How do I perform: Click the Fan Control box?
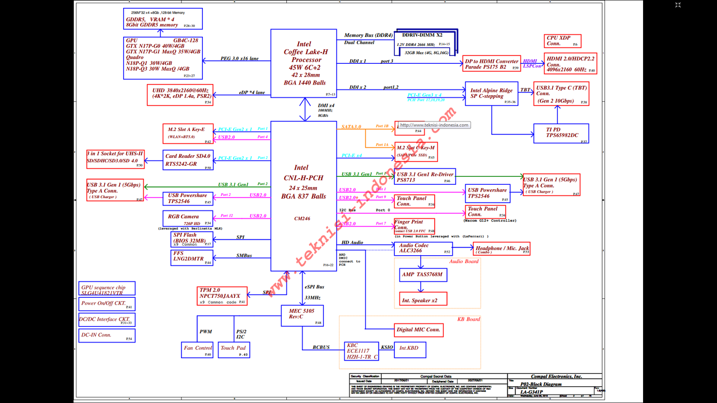point(198,350)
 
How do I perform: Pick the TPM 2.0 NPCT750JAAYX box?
point(222,296)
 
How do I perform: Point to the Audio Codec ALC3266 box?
point(423,249)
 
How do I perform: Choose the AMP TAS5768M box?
point(422,274)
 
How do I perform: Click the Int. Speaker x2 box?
point(423,299)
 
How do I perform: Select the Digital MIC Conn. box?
point(418,330)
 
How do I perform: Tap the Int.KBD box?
point(410,349)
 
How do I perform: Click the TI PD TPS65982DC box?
point(561,133)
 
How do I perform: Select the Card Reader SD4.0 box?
point(188,160)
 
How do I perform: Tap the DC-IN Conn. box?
point(107,335)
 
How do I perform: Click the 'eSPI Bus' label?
point(314,287)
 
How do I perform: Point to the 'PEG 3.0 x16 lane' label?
point(239,58)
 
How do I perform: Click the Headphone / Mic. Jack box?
point(502,249)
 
